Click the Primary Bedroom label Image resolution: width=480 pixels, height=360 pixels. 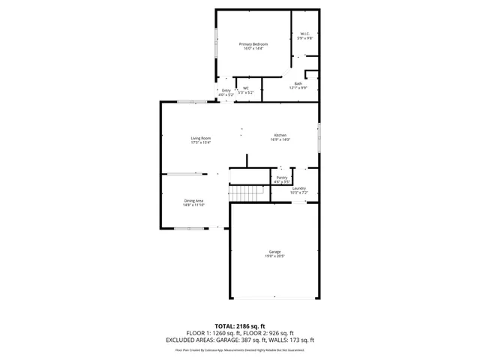(253, 44)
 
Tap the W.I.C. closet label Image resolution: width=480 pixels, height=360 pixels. (305, 34)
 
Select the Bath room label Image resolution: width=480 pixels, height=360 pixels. (298, 83)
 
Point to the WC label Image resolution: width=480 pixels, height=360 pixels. (245, 88)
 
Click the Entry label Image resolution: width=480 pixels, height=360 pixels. (226, 91)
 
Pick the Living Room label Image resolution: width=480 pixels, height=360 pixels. (200, 138)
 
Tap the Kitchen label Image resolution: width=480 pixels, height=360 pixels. (280, 135)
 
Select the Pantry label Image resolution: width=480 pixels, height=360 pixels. (282, 178)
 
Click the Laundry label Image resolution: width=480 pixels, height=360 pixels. (298, 188)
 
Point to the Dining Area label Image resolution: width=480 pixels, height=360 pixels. (193, 200)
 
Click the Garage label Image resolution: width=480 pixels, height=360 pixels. (274, 251)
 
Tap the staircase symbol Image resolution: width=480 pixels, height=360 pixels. (248, 193)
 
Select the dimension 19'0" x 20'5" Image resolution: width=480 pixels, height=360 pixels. (274, 256)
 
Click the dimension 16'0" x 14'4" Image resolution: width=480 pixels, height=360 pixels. (253, 49)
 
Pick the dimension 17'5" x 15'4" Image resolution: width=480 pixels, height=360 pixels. (200, 142)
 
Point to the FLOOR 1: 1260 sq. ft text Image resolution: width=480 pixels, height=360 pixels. (213, 333)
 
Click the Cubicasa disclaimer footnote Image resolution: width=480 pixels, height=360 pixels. (240, 349)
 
